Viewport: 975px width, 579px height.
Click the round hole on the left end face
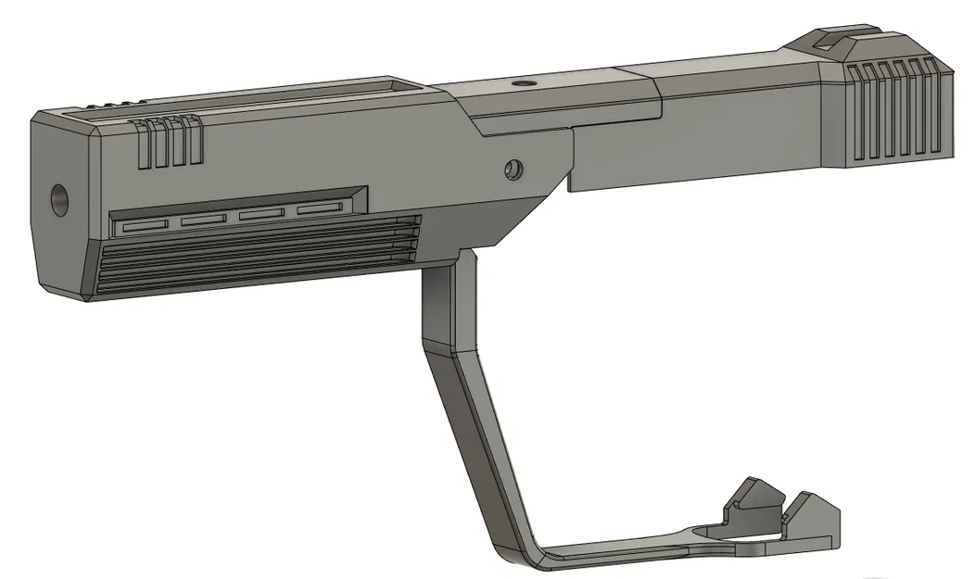[x=58, y=199]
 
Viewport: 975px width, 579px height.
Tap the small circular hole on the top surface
[x=525, y=84]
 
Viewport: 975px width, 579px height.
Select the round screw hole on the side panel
[x=513, y=170]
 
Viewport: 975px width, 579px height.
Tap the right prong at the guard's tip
[x=813, y=515]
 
